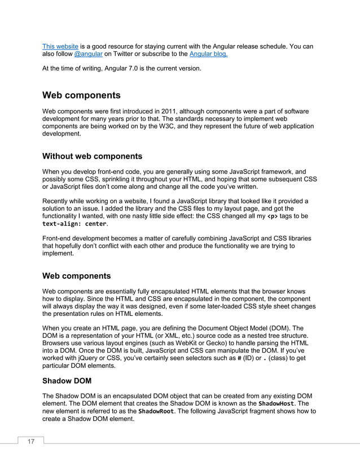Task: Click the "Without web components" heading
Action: pyautogui.click(x=93, y=156)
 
